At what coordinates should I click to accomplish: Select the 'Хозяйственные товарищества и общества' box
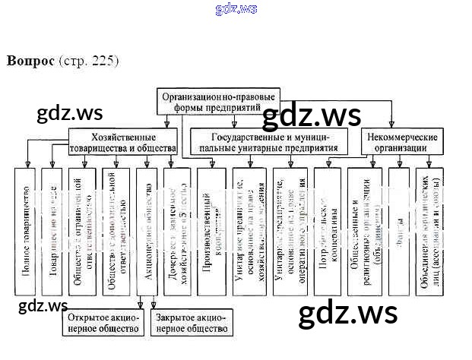(x=122, y=142)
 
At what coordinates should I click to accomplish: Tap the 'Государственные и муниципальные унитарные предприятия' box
(x=268, y=142)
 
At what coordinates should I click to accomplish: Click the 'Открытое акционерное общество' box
(x=102, y=323)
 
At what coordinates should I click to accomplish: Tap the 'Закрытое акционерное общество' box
(x=191, y=323)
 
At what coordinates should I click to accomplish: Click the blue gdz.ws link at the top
(x=236, y=9)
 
